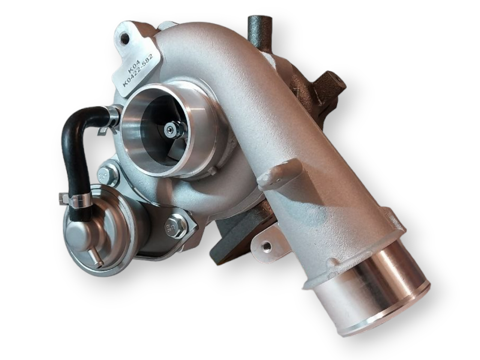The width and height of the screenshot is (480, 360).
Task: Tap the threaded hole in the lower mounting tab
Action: pos(267,246)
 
